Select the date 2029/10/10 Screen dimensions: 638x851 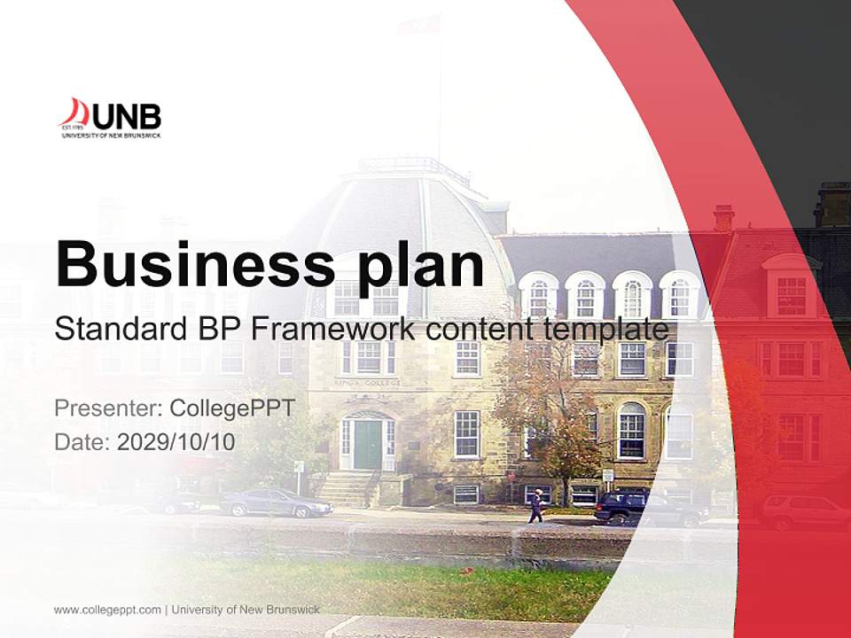point(176,442)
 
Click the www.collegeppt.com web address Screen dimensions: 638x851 point(107,610)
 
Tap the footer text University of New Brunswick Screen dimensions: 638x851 point(246,610)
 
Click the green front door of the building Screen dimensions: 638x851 point(367,445)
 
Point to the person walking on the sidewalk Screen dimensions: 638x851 point(535,506)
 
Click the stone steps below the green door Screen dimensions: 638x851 point(347,488)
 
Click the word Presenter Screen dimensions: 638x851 point(107,408)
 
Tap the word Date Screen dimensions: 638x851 point(82,442)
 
